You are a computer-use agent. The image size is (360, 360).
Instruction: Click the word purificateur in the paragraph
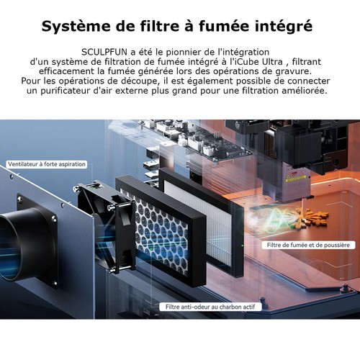coord(67,91)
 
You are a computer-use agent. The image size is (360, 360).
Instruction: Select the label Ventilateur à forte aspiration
coord(47,164)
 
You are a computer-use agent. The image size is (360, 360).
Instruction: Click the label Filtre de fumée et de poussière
coord(308,245)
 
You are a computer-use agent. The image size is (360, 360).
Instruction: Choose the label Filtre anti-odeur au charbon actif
coord(210,307)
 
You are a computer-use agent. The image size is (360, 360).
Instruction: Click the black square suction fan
coord(107,228)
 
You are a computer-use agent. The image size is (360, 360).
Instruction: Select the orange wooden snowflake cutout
coord(311,217)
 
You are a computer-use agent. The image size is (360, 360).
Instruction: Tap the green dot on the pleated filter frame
coord(242,246)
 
